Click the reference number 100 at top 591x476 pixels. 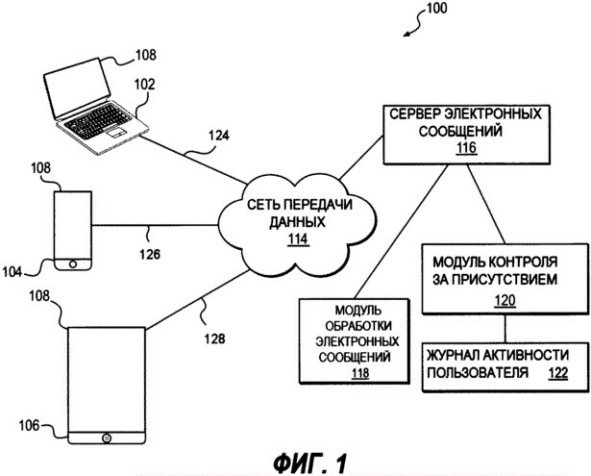point(437,8)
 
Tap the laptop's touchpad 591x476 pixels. point(115,133)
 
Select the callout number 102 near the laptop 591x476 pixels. point(145,84)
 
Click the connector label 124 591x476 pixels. point(218,135)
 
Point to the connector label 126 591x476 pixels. point(150,254)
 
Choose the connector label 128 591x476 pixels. point(215,338)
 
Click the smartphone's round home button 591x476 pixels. point(73,264)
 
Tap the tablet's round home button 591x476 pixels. point(107,438)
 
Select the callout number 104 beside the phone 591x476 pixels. point(12,271)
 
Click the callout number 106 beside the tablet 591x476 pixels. point(29,425)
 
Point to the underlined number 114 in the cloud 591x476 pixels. point(298,239)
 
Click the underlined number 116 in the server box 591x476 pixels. point(467,148)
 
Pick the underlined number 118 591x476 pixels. point(360,373)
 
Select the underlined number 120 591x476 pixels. point(505,301)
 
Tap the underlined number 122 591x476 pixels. point(557,373)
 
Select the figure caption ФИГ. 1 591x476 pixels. point(309,463)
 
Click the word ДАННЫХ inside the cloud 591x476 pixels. point(297,222)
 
